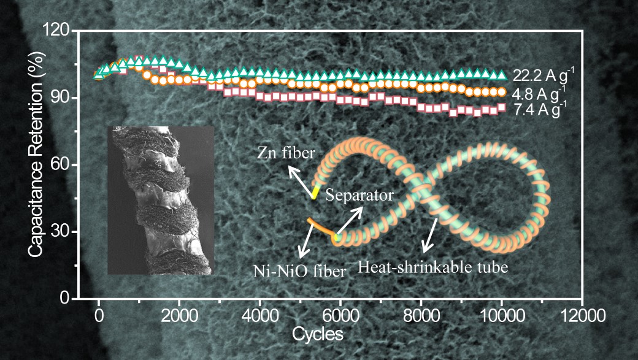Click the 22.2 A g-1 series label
(x=543, y=76)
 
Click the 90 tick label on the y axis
(x=64, y=98)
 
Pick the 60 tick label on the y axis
(x=64, y=165)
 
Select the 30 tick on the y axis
(x=64, y=232)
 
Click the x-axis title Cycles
(x=317, y=335)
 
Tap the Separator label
(x=359, y=196)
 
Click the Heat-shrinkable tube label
(x=433, y=267)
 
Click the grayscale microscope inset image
(x=161, y=200)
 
